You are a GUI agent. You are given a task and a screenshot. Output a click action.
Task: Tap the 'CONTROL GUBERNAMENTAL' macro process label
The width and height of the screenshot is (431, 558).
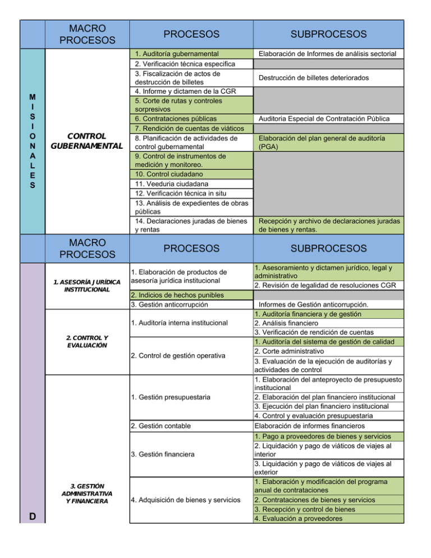click(87, 141)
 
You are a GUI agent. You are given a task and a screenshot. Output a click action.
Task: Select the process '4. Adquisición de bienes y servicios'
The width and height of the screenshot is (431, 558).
click(191, 500)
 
